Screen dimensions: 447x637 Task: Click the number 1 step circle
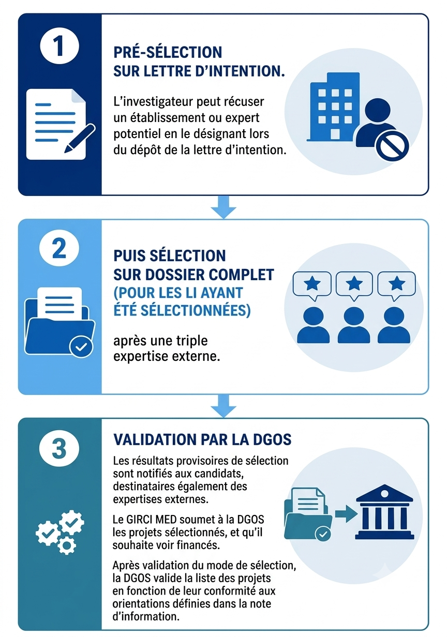59,46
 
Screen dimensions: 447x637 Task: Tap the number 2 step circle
59,248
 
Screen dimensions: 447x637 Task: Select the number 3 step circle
59,448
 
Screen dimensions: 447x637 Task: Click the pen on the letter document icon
80,138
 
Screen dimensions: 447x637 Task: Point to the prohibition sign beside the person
392,147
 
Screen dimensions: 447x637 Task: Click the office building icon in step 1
334,107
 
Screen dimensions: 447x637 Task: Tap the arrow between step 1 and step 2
224,207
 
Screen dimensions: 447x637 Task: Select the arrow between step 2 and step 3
224,406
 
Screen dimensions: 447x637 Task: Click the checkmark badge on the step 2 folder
81,346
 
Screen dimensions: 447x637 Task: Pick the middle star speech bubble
354,285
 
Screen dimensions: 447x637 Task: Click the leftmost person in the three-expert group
314,325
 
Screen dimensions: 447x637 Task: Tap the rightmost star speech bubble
396,285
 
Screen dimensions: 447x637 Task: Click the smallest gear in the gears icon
67,545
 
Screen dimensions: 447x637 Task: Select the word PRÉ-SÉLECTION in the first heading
168,52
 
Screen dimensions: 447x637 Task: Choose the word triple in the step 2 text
194,340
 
